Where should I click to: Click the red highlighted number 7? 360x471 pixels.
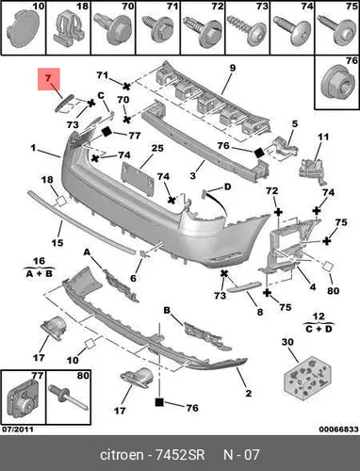click(48, 78)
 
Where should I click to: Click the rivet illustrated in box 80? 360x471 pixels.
click(68, 398)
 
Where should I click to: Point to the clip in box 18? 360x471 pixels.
click(69, 28)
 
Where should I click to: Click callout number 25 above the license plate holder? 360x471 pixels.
click(157, 148)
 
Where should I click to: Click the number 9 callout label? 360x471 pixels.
click(232, 68)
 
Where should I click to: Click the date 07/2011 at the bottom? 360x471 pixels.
click(18, 430)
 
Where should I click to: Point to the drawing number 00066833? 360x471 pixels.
click(338, 430)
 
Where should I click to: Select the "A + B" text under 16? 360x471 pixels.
click(39, 273)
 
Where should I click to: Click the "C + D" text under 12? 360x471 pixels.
click(319, 329)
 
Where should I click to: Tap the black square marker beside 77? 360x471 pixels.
click(106, 132)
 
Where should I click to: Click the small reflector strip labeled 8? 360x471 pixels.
click(245, 286)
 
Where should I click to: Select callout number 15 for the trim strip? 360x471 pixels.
click(57, 243)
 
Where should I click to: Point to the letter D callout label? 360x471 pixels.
click(227, 187)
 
